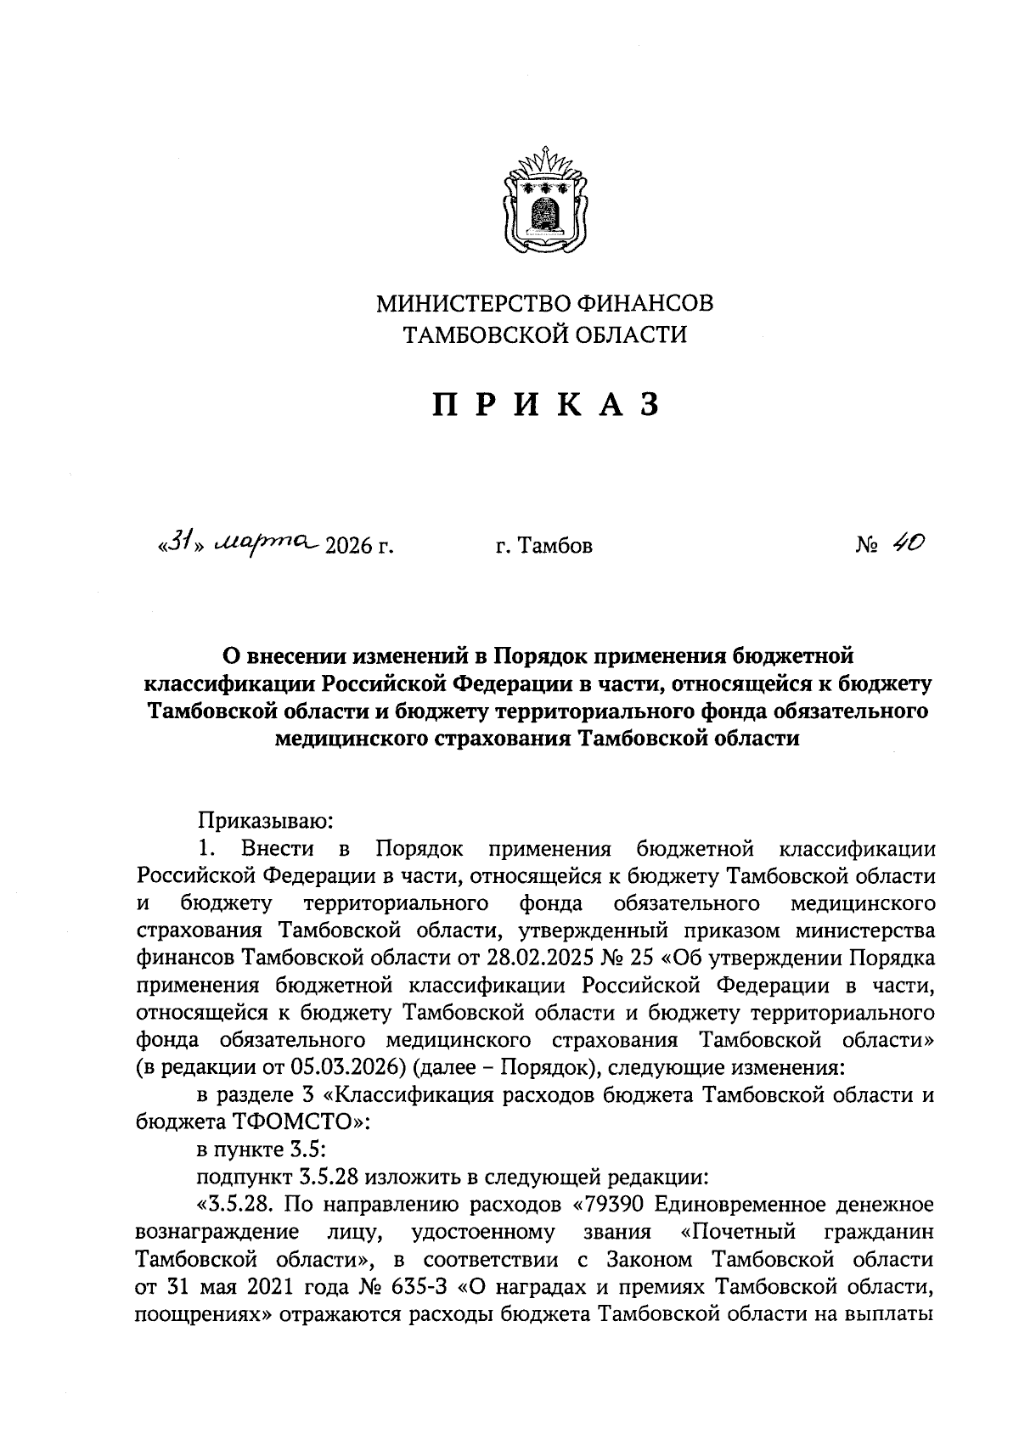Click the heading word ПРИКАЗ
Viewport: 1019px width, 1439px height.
coord(546,405)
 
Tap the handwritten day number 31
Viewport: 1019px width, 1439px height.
coord(176,541)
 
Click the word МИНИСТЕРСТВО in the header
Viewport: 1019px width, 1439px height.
coord(474,303)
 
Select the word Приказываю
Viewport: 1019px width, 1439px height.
coord(267,821)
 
